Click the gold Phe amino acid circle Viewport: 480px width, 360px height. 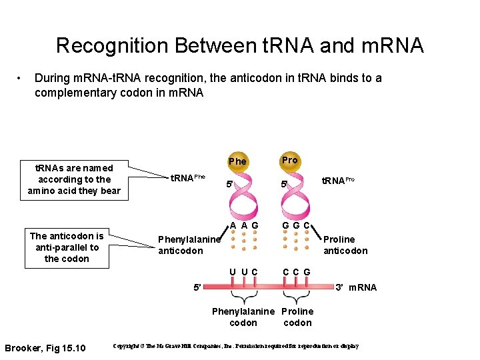pyautogui.click(x=237, y=161)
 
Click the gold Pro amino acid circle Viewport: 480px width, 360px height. pyautogui.click(x=289, y=161)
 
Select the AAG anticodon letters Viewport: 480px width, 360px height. pyautogui.click(x=244, y=225)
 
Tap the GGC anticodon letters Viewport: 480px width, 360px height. pyautogui.click(x=296, y=225)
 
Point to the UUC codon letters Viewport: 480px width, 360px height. pyautogui.click(x=244, y=271)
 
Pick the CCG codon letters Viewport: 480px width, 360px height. pyautogui.click(x=296, y=271)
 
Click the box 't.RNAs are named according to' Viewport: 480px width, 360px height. pyautogui.click(x=75, y=179)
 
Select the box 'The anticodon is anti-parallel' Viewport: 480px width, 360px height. pyautogui.click(x=67, y=247)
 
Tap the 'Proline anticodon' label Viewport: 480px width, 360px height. pyautogui.click(x=345, y=245)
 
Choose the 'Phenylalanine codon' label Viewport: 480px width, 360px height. pyautogui.click(x=243, y=317)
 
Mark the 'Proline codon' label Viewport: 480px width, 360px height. pyautogui.click(x=297, y=317)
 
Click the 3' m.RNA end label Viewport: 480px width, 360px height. pyautogui.click(x=356, y=287)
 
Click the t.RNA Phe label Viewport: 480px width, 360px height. pyautogui.click(x=188, y=178)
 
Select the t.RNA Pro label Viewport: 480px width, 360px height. pyautogui.click(x=338, y=180)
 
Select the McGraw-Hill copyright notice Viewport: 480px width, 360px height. pyautogui.click(x=236, y=347)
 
